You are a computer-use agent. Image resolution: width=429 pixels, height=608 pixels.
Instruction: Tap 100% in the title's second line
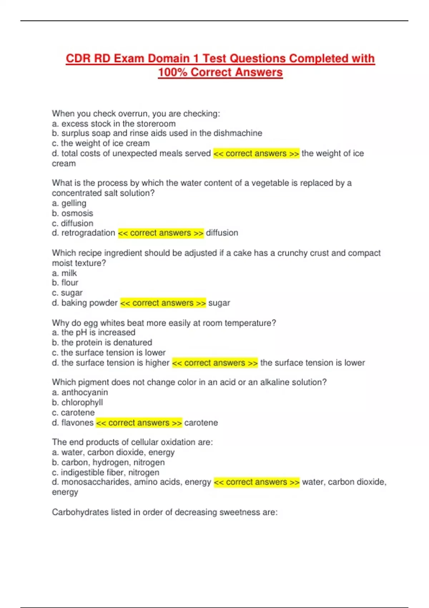[x=173, y=72]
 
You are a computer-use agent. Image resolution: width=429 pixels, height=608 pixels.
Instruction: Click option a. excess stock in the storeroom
[x=114, y=124]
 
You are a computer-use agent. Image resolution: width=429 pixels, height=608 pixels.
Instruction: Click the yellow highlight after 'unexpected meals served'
[x=256, y=153]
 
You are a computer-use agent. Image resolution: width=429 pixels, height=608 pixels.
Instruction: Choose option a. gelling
[x=69, y=203]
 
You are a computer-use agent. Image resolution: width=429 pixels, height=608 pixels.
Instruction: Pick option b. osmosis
[x=72, y=213]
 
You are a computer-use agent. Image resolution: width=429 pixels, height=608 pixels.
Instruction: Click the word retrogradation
[x=88, y=233]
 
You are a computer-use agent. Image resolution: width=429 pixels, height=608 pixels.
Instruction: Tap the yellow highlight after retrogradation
[x=161, y=233]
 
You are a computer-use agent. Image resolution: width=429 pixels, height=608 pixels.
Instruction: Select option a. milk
[x=64, y=273]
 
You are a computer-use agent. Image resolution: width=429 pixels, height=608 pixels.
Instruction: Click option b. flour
[x=65, y=283]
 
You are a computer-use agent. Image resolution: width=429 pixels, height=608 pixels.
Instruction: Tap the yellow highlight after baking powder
[x=163, y=303]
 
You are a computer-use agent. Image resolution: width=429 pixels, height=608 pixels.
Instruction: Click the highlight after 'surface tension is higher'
[x=215, y=363]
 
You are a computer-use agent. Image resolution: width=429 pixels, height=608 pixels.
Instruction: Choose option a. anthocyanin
[x=80, y=392]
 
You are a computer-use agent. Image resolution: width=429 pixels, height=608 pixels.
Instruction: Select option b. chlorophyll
[x=77, y=402]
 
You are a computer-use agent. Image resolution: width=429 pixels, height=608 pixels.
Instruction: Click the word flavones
[x=78, y=423]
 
